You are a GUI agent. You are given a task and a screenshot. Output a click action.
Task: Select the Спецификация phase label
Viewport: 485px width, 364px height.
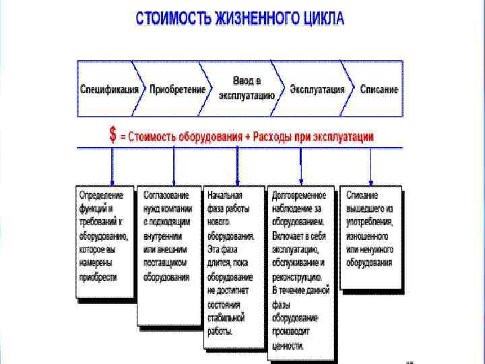110,89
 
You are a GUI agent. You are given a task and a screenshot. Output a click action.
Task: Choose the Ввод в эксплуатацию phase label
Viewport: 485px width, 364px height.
247,88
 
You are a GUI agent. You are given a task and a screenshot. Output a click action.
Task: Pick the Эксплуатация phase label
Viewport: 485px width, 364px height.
317,89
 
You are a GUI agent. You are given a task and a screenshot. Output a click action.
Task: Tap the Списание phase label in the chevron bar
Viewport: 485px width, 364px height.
379,89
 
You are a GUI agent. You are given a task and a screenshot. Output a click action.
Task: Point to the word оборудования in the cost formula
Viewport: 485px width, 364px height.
209,137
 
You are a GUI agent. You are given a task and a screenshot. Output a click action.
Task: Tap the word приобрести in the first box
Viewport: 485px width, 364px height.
98,277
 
